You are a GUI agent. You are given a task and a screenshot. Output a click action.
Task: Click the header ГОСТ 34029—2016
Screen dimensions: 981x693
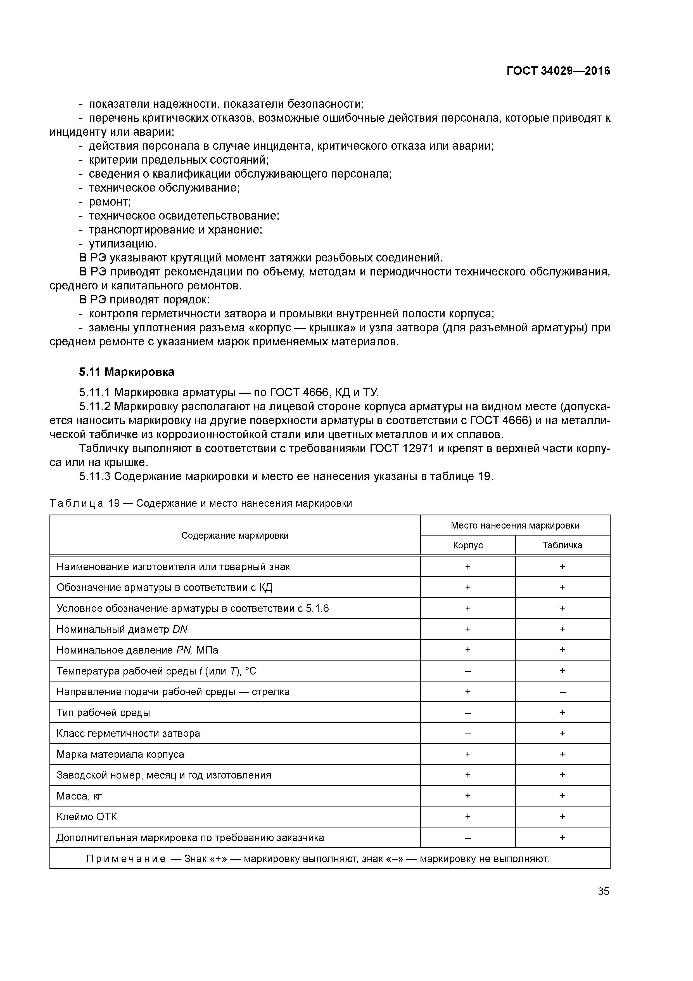[x=558, y=71]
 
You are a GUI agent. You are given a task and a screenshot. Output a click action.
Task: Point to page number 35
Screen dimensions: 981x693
[x=603, y=891]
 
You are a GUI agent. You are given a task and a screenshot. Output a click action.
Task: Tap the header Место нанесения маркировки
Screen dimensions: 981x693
[x=515, y=525]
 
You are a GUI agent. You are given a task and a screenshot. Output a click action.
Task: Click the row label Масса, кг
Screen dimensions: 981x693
[x=79, y=796]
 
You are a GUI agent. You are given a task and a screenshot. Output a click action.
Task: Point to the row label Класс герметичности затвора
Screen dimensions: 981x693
[x=128, y=734]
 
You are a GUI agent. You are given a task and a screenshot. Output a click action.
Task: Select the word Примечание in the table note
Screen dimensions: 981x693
[x=126, y=859]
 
